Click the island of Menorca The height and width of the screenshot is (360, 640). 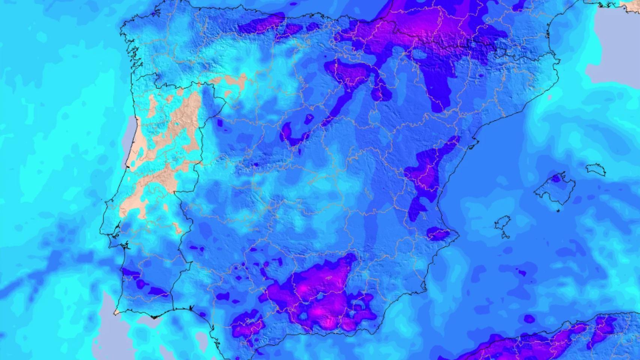(595, 169)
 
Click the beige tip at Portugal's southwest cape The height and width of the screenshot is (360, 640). (117, 312)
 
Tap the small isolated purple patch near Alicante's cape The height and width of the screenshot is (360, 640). (438, 234)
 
